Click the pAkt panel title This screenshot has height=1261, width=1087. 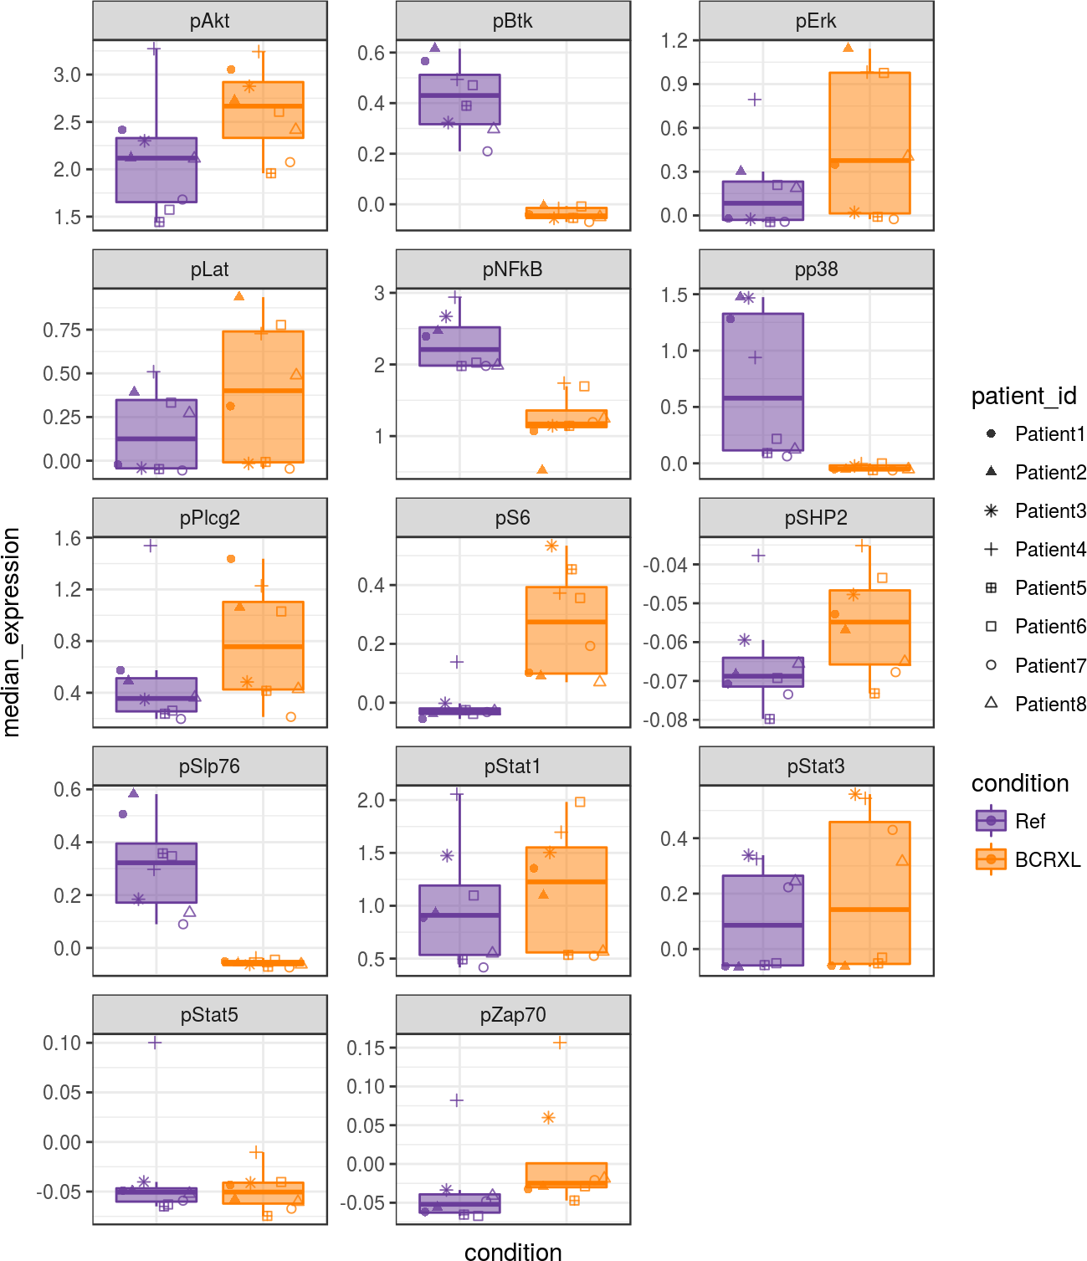point(209,21)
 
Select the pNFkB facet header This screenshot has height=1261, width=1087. point(512,269)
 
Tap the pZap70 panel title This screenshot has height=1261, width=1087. point(512,1015)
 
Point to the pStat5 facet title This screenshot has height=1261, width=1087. point(209,1015)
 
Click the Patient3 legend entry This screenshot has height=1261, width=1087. point(1049,511)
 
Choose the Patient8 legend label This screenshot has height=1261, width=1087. point(1049,705)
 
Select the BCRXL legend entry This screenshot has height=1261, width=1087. point(1047,859)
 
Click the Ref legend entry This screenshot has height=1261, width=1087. point(1030,821)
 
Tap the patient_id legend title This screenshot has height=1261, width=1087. point(1023,396)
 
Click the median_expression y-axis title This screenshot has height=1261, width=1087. point(12,632)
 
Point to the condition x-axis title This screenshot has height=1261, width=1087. point(512,1252)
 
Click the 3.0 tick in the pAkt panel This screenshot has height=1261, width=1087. point(67,75)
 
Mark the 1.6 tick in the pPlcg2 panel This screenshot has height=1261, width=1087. point(67,538)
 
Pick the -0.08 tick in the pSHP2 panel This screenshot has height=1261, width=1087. point(665,720)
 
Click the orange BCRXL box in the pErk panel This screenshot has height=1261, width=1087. point(869,142)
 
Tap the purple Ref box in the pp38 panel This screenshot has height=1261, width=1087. point(762,382)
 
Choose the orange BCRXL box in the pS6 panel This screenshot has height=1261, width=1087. point(566,629)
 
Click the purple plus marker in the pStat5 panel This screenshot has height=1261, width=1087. point(154,1043)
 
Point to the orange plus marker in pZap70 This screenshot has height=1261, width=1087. point(560,1043)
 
